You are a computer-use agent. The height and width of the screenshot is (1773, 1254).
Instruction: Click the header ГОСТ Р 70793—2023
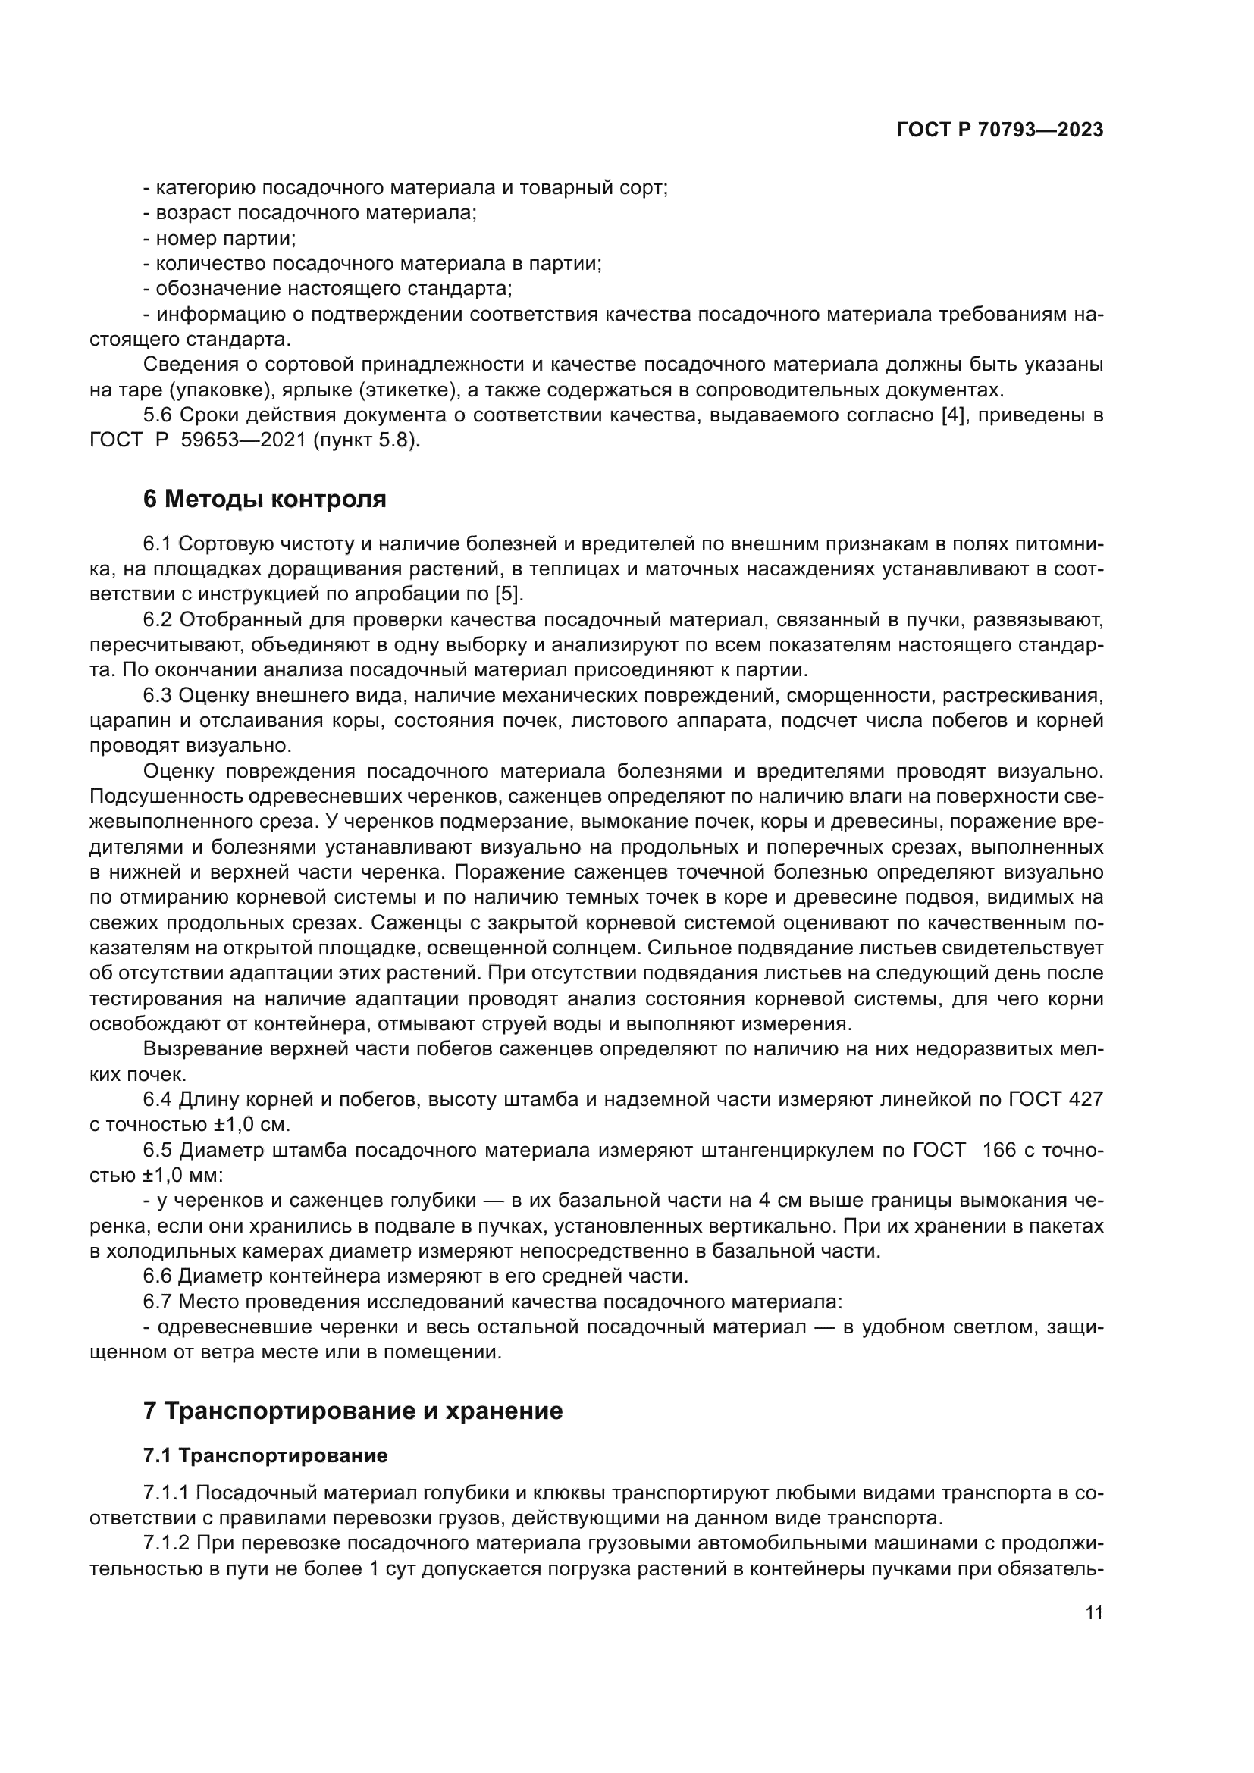(999, 130)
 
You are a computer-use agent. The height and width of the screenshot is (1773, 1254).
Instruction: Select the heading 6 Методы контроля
(264, 499)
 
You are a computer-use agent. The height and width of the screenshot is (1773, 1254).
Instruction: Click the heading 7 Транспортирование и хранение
(352, 1411)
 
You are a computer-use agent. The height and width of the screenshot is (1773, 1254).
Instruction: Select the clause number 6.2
(158, 620)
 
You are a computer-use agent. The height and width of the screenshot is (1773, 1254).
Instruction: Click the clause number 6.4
(158, 1100)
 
